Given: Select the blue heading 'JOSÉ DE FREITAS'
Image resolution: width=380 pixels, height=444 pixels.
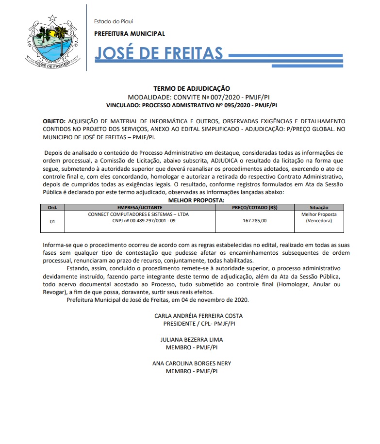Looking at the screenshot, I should (159, 54).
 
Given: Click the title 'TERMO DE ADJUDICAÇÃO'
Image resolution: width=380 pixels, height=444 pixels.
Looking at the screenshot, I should (191, 89).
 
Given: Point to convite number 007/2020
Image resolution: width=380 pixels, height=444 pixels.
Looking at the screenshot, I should (218, 97).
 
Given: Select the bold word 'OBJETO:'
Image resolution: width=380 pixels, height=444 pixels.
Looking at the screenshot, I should (54, 120).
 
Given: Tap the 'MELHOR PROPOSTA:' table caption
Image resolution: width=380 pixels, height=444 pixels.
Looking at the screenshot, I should (196, 200).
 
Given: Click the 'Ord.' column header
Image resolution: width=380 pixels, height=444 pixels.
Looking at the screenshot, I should (52, 207).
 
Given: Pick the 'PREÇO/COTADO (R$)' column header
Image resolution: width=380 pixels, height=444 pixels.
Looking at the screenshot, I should (254, 207).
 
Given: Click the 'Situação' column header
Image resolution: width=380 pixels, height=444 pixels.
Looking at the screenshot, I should (318, 207).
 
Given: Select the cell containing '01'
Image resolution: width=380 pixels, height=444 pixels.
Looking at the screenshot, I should (52, 221).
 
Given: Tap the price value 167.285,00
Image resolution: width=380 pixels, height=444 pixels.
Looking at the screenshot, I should (254, 221).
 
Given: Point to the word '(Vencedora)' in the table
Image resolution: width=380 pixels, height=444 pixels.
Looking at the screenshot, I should (318, 221).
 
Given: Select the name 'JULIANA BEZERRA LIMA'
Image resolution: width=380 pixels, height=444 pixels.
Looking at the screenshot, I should (191, 340).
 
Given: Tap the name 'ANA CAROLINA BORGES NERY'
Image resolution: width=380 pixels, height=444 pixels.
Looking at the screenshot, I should (191, 363).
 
